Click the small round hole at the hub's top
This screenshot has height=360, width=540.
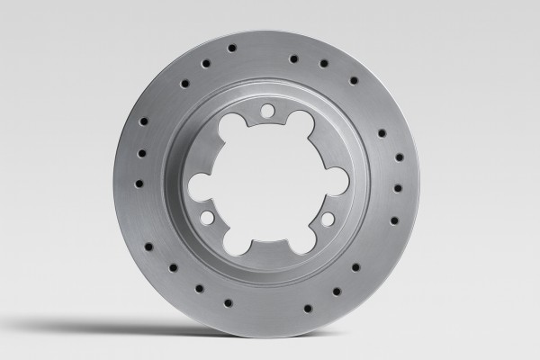(x=267, y=110)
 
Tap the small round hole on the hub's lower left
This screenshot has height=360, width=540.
(x=207, y=217)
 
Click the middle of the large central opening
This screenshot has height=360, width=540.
(x=267, y=180)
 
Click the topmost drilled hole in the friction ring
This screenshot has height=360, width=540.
(x=231, y=47)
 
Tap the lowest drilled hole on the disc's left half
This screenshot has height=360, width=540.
(x=228, y=303)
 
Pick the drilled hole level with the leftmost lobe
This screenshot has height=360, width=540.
(x=139, y=183)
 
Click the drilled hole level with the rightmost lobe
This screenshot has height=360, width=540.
(x=397, y=188)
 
